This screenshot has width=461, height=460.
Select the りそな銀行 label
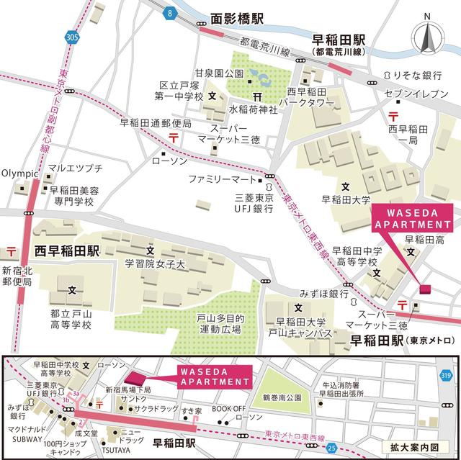coord(417,74)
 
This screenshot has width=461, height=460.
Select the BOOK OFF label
coord(228,408)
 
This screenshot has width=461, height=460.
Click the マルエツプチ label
coord(76,168)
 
